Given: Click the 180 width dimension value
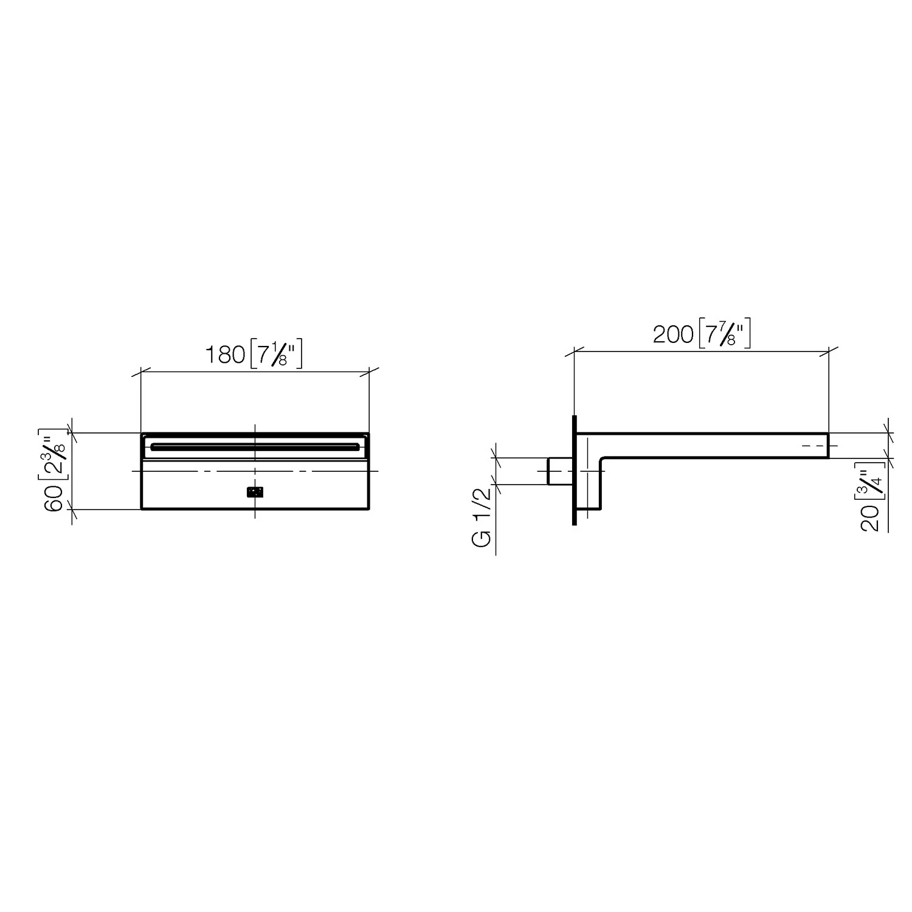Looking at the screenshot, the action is pyautogui.click(x=224, y=354).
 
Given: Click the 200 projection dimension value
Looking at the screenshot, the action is pyautogui.click(x=673, y=334).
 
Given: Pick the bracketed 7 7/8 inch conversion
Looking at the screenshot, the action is pyautogui.click(x=725, y=334).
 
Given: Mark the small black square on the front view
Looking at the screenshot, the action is pyautogui.click(x=255, y=492).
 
